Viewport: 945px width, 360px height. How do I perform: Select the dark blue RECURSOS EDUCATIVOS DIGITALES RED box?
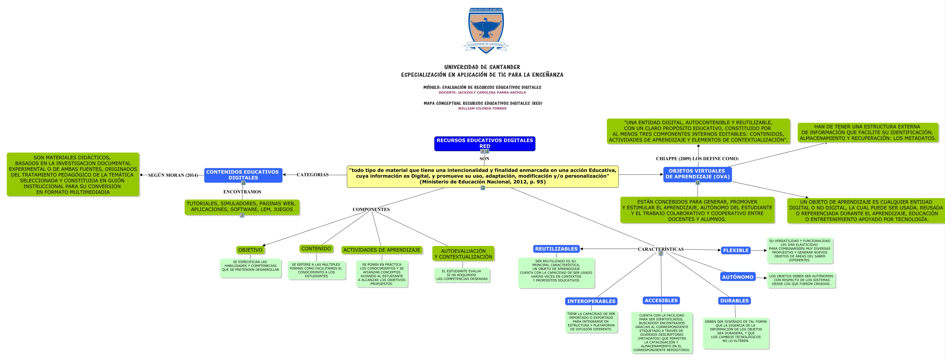[484, 143]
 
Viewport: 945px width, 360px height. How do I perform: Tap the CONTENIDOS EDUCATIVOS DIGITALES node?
[243, 175]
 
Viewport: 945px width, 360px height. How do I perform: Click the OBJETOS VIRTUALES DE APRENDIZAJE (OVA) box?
[697, 174]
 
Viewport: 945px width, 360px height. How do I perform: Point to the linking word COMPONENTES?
[371, 210]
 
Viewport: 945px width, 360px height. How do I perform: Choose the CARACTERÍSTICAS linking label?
[660, 249]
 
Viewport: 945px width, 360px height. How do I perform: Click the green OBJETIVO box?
[250, 250]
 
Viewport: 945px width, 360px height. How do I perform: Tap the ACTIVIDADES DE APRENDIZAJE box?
[382, 250]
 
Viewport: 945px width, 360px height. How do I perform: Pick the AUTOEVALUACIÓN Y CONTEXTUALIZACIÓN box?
[463, 254]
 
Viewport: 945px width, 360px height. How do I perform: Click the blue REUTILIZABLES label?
[556, 249]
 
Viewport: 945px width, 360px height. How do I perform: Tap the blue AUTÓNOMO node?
[737, 277]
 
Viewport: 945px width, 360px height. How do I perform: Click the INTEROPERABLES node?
[591, 301]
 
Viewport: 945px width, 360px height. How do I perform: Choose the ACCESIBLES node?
[661, 300]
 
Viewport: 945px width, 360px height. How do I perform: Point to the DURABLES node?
[734, 300]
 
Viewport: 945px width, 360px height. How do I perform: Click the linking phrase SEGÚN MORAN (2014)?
[173, 175]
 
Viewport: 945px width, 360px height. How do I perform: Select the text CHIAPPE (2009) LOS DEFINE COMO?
[697, 159]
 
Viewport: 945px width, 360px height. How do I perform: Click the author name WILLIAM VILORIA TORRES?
[482, 108]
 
